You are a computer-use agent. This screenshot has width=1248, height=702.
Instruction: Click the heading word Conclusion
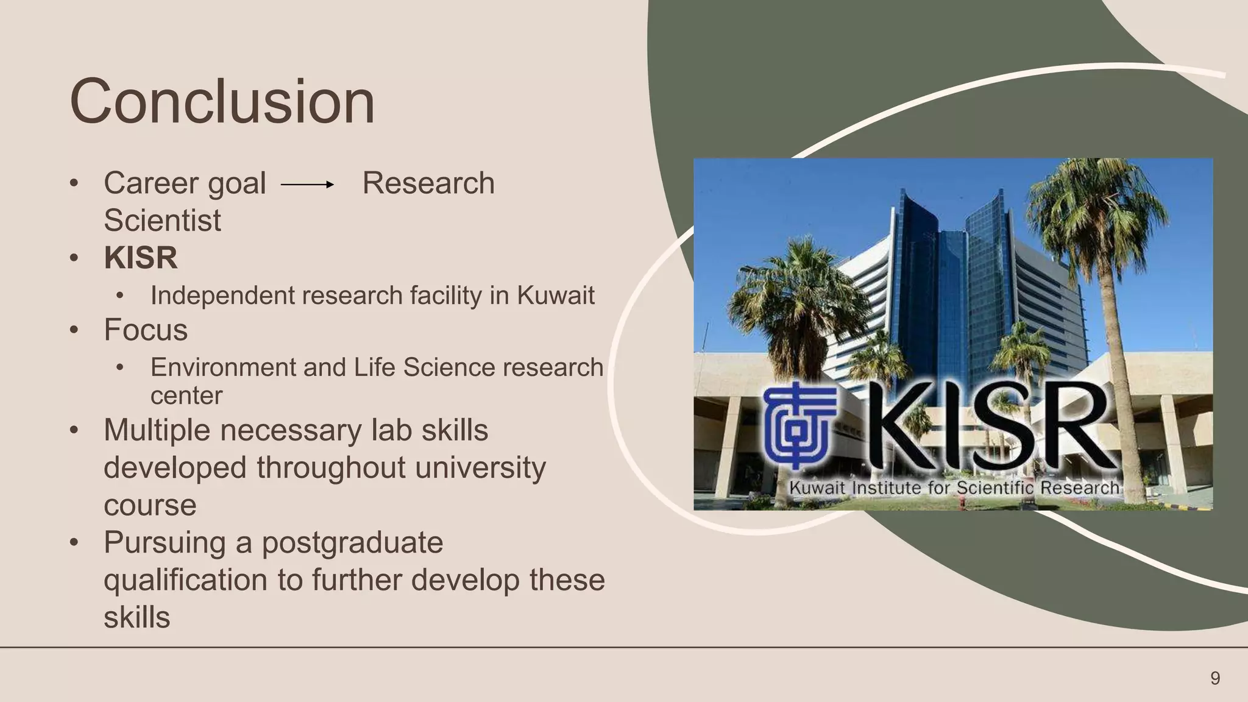(222, 102)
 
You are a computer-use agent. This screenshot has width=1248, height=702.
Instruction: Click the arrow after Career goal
(308, 184)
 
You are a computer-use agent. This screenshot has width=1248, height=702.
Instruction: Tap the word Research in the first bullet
(428, 183)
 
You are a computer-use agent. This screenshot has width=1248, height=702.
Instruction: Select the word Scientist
(162, 221)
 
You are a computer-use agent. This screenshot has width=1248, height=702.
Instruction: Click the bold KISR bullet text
(141, 258)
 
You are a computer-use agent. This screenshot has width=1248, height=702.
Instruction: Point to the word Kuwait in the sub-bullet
(556, 296)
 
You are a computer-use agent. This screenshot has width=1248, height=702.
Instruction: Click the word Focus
(146, 330)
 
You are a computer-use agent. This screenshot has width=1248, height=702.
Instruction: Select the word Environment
(222, 367)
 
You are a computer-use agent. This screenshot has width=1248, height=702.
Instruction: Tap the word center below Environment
(186, 396)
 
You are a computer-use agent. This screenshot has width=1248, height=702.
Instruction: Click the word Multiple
(157, 430)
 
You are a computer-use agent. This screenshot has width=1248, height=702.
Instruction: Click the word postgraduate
(352, 543)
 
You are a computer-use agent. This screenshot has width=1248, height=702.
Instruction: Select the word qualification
(185, 580)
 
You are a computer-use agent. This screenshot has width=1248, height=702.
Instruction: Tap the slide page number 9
(1215, 678)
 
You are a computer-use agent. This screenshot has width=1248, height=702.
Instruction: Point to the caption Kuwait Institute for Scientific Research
(954, 488)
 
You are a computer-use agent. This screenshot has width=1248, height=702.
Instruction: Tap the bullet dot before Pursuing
(74, 542)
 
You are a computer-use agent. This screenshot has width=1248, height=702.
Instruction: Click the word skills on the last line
(136, 617)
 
